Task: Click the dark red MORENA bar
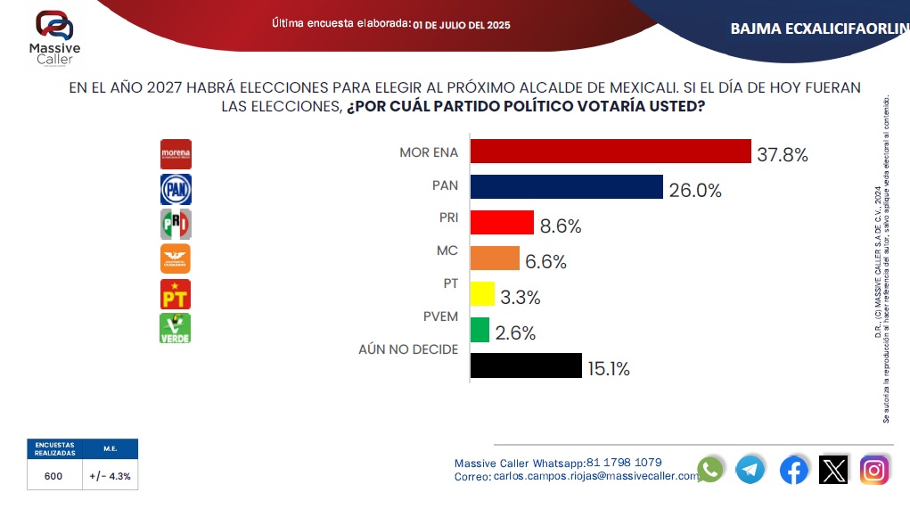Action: (611, 152)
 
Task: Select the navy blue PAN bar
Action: (566, 186)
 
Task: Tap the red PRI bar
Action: (502, 222)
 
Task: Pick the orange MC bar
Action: (495, 258)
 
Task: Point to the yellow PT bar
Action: (482, 293)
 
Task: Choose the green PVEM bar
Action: (480, 330)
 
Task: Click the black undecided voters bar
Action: (525, 365)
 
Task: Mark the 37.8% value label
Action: (783, 155)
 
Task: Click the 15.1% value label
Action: (609, 369)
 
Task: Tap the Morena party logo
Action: (176, 154)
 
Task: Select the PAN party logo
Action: (176, 189)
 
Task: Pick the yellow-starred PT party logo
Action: (176, 293)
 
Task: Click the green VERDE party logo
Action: (176, 328)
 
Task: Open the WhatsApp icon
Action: (710, 469)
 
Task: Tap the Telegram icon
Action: (750, 469)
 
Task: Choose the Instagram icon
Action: (874, 469)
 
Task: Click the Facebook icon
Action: (793, 469)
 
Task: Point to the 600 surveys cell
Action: (53, 476)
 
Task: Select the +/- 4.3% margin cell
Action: (110, 476)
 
